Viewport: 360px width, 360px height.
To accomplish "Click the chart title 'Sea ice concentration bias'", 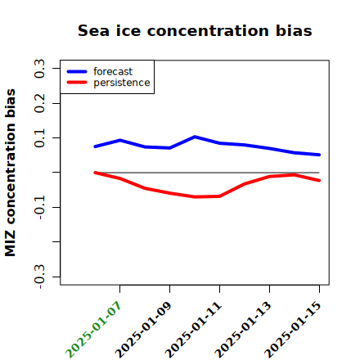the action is pyautogui.click(x=195, y=30).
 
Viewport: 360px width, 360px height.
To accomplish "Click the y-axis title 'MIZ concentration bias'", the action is pyautogui.click(x=11, y=173).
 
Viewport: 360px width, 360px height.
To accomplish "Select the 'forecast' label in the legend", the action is pyautogui.click(x=113, y=71).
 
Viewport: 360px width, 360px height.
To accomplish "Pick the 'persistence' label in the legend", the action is pyautogui.click(x=122, y=83).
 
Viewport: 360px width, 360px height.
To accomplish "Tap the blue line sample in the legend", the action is pyautogui.click(x=77, y=71).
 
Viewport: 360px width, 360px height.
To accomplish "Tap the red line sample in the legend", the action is pyautogui.click(x=77, y=83).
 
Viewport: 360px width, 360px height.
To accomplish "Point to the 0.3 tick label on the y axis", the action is pyautogui.click(x=39, y=69).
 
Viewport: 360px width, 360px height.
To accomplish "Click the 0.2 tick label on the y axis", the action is pyautogui.click(x=39, y=103).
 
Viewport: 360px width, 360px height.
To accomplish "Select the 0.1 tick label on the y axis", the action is pyautogui.click(x=39, y=138).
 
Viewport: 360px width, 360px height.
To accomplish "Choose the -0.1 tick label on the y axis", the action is pyautogui.click(x=39, y=208).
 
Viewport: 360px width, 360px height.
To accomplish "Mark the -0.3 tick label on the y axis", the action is pyautogui.click(x=39, y=277).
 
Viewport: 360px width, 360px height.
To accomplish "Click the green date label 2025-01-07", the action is pyautogui.click(x=93, y=330).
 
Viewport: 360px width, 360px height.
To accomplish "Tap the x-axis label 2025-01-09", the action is pyautogui.click(x=143, y=330).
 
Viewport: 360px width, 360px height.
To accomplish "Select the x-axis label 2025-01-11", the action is pyautogui.click(x=193, y=330).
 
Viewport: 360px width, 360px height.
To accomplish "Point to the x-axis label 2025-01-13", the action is pyautogui.click(x=243, y=330).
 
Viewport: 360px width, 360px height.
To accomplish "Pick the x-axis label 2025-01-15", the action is pyautogui.click(x=293, y=330).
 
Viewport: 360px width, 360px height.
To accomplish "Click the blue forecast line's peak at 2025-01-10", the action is pyautogui.click(x=195, y=137).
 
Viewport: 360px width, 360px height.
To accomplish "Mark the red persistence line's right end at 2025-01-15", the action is pyautogui.click(x=319, y=181).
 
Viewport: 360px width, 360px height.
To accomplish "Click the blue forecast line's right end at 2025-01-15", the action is pyautogui.click(x=319, y=155).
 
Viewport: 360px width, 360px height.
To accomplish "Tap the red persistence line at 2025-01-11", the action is pyautogui.click(x=219, y=196).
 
